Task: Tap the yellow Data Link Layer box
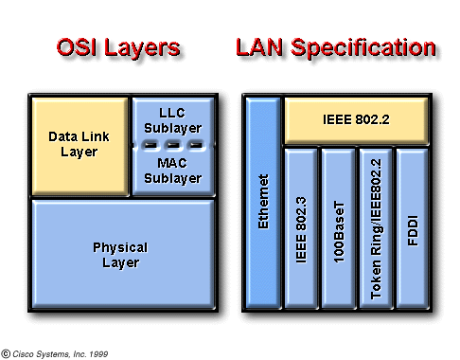click(80, 144)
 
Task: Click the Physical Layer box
click(120, 255)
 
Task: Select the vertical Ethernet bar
click(263, 204)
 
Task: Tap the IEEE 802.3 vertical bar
click(301, 228)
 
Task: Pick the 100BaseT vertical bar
click(338, 228)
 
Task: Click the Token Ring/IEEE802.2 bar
click(376, 228)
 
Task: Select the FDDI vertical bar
click(413, 228)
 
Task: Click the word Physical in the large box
click(120, 248)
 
